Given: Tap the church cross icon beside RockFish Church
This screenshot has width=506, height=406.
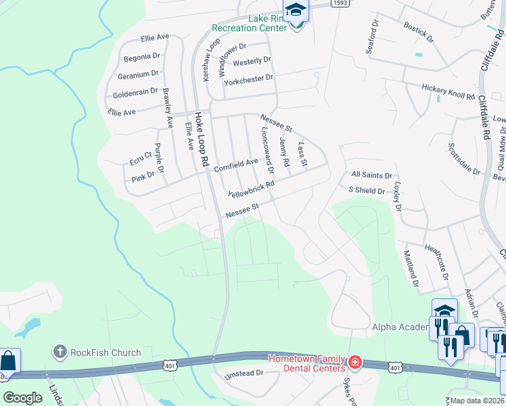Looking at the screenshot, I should pyautogui.click(x=60, y=352).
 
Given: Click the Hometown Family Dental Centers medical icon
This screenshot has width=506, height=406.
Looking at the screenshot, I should pyautogui.click(x=354, y=364).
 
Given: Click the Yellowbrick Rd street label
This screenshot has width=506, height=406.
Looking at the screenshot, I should pyautogui.click(x=251, y=188).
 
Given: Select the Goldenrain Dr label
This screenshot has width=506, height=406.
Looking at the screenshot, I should pyautogui.click(x=135, y=91).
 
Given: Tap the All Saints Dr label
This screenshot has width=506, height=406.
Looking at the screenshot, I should pyautogui.click(x=371, y=175).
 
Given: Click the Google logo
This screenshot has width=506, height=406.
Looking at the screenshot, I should pyautogui.click(x=22, y=398).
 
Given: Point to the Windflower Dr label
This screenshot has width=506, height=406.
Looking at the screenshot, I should pyautogui.click(x=241, y=49).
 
